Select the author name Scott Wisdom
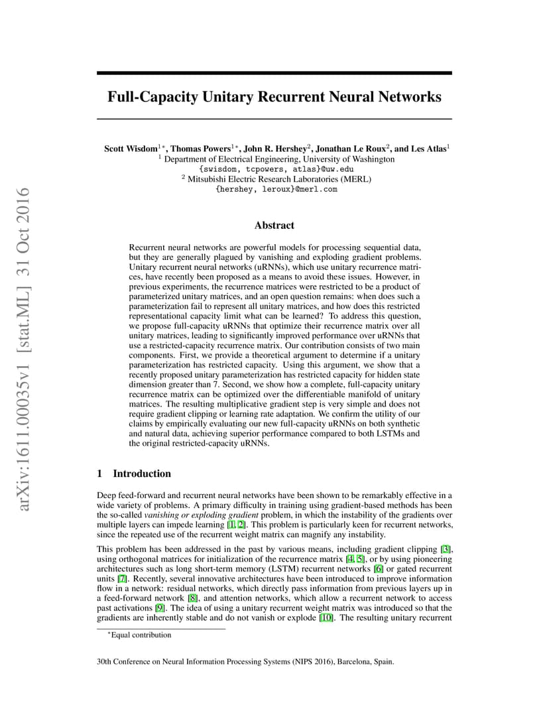[131, 149]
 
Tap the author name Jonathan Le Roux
[351, 149]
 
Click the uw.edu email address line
[276, 169]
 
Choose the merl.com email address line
[276, 189]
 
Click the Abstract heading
[274, 226]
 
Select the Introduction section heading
[142, 474]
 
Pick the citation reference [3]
[446, 549]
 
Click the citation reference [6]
[379, 568]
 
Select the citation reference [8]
[193, 598]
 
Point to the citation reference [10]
[327, 617]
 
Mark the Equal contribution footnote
[140, 635]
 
